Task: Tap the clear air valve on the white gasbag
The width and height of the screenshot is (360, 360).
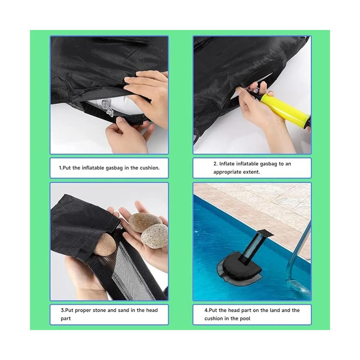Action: tap(107, 108)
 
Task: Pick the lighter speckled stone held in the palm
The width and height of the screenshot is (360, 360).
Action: tap(154, 236)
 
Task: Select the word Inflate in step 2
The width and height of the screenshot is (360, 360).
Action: tap(226, 164)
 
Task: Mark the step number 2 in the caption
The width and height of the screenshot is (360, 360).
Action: tap(215, 164)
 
